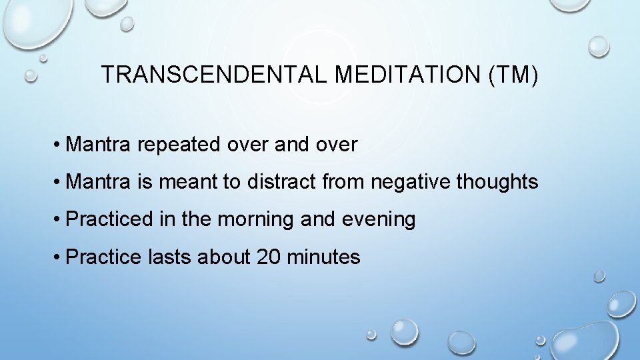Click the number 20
click(269, 257)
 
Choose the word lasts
click(171, 257)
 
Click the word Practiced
click(109, 219)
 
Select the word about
click(223, 257)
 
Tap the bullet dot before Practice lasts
click(59, 257)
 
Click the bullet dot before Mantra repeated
click(59, 145)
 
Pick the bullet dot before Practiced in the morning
click(59, 220)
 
